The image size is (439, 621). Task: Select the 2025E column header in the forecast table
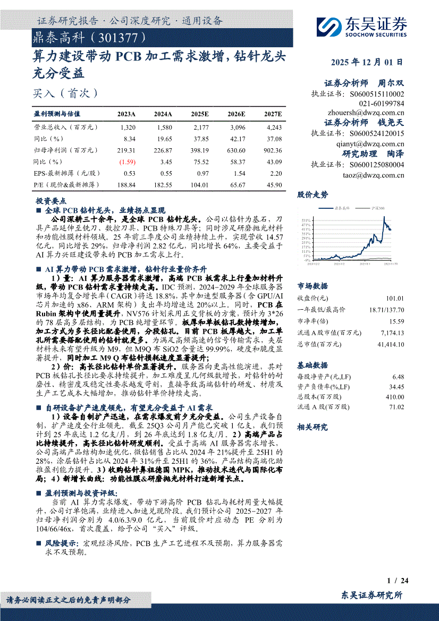tap(200, 114)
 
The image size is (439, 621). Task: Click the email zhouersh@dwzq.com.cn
tap(366, 113)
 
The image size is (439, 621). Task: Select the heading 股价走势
tap(313, 194)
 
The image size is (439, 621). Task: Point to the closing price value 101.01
tap(395, 299)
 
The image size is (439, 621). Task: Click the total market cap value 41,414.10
tap(389, 344)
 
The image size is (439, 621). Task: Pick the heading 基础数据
tap(313, 366)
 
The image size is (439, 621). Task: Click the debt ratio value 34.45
tap(396, 386)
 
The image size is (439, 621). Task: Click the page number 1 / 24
tap(398, 580)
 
